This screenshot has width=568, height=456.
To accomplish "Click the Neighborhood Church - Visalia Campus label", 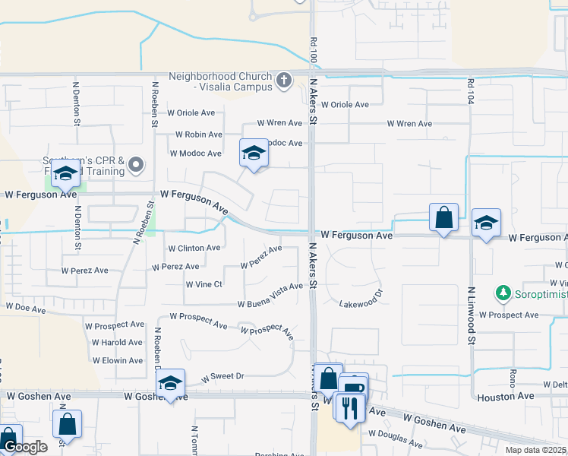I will (x=220, y=81).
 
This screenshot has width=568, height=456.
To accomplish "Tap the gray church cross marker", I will (x=284, y=80).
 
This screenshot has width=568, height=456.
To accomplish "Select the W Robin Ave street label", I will (x=196, y=135).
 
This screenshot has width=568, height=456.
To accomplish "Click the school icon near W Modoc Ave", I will (x=254, y=154).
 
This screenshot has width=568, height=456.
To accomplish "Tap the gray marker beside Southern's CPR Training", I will (x=136, y=163).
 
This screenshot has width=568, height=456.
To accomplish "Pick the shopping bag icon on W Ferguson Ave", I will (x=443, y=218).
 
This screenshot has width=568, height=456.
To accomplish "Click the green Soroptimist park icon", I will (x=502, y=292).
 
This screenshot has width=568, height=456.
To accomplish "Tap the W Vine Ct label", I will (x=204, y=284).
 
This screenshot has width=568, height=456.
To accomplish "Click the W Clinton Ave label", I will (x=194, y=248).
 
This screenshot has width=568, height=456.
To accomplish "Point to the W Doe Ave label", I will (x=27, y=306).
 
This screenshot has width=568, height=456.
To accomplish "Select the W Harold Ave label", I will (x=117, y=342).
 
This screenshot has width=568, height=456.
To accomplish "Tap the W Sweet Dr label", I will (x=222, y=376).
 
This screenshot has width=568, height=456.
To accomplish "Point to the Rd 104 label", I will (x=471, y=92).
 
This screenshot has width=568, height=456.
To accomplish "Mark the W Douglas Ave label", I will (x=396, y=438).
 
